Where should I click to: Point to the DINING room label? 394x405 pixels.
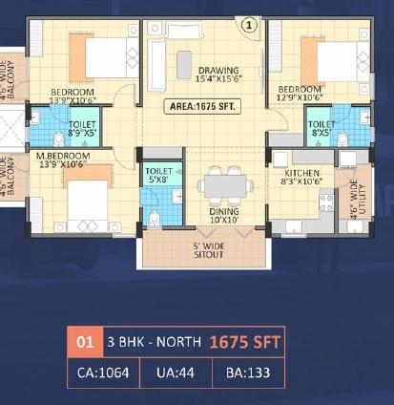(x=224, y=215)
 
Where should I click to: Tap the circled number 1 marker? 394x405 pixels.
(x=250, y=26)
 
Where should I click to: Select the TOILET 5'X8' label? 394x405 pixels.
(x=156, y=174)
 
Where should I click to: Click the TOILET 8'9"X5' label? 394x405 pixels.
(x=82, y=130)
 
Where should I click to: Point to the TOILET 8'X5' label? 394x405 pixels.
(x=321, y=130)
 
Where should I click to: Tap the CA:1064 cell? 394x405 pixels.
(x=101, y=372)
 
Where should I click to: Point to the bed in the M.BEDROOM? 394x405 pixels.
(x=86, y=202)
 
